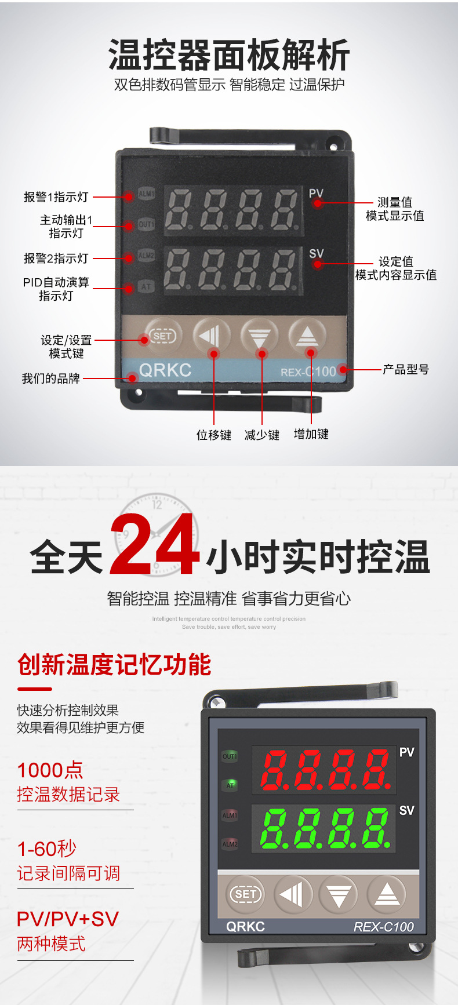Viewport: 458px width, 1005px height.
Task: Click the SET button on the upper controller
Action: pyautogui.click(x=163, y=336)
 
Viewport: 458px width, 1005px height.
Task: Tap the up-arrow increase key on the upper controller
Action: pyautogui.click(x=307, y=336)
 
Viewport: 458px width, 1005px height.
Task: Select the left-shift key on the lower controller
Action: pyautogui.click(x=293, y=894)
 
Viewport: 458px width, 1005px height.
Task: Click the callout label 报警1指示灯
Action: pyautogui.click(x=56, y=197)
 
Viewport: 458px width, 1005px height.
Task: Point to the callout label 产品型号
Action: pyautogui.click(x=406, y=369)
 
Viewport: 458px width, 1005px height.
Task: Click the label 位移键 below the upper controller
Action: pyautogui.click(x=213, y=435)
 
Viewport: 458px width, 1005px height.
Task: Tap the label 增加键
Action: pyautogui.click(x=311, y=434)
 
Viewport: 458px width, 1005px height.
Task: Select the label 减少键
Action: pyautogui.click(x=262, y=435)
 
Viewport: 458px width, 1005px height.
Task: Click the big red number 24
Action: pyautogui.click(x=154, y=546)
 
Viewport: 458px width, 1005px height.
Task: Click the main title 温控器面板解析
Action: pyautogui.click(x=229, y=55)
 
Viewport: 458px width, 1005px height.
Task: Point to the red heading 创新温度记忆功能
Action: pyautogui.click(x=114, y=664)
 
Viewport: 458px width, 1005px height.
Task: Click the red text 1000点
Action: pyautogui.click(x=50, y=770)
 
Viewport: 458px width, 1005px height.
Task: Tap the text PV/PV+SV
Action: pyautogui.click(x=68, y=919)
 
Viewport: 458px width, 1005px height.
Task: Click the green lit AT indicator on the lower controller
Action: pyautogui.click(x=230, y=785)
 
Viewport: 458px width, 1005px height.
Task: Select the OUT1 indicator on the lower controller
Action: pyautogui.click(x=230, y=756)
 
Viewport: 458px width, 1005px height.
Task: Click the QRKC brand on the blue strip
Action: pyautogui.click(x=165, y=370)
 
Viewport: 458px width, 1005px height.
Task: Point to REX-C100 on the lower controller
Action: pyautogui.click(x=383, y=927)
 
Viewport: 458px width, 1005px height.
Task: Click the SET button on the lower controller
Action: pyautogui.click(x=245, y=894)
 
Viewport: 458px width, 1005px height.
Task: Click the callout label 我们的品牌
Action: pyautogui.click(x=50, y=378)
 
